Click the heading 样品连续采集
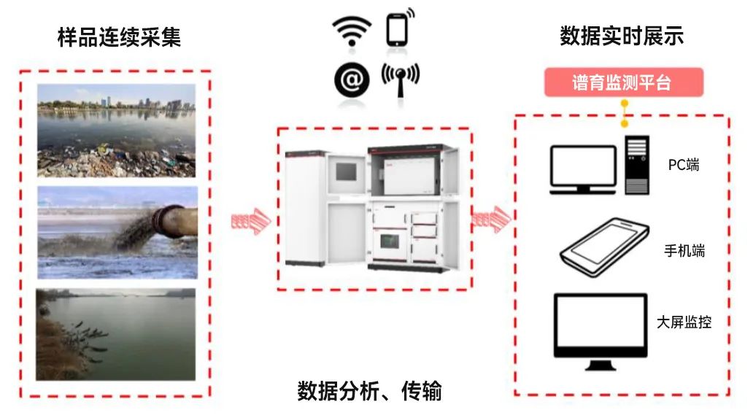[x=119, y=37]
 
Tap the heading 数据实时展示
[x=622, y=37]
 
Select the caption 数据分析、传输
[x=369, y=392]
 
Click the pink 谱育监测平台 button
[x=622, y=82]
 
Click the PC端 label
[x=684, y=165]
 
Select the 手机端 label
[x=684, y=251]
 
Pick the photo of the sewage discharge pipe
[x=117, y=231]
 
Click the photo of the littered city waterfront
[x=117, y=130]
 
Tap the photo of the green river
[x=117, y=333]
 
